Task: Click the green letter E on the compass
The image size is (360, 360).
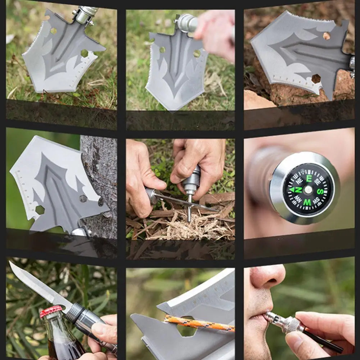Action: (x=309, y=178)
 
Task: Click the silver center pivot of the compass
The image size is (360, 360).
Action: (x=308, y=190)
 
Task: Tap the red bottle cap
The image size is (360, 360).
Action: (x=51, y=311)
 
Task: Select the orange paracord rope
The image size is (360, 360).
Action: (x=198, y=323)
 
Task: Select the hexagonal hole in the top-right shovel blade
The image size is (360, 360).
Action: (x=316, y=79)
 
